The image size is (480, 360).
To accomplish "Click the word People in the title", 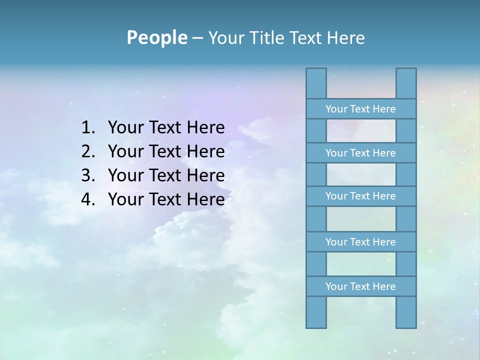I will click(156, 37).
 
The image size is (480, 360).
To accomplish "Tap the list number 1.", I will click(88, 128).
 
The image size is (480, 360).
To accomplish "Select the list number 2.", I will click(88, 151).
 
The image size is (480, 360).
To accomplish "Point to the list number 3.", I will click(88, 175).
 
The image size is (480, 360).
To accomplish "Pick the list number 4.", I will click(88, 199).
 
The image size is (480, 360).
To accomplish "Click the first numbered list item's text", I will click(166, 128).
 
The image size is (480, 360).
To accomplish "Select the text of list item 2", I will click(166, 151).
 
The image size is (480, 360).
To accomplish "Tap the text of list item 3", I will click(166, 175).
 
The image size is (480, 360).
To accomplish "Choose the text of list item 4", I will click(166, 199).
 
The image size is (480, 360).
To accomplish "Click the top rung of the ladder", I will click(360, 109).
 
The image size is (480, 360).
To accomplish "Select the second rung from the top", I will click(360, 153).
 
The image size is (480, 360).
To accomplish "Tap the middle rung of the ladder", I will click(360, 196).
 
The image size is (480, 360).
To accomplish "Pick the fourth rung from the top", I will click(360, 242).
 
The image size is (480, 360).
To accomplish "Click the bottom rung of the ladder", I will click(360, 286).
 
